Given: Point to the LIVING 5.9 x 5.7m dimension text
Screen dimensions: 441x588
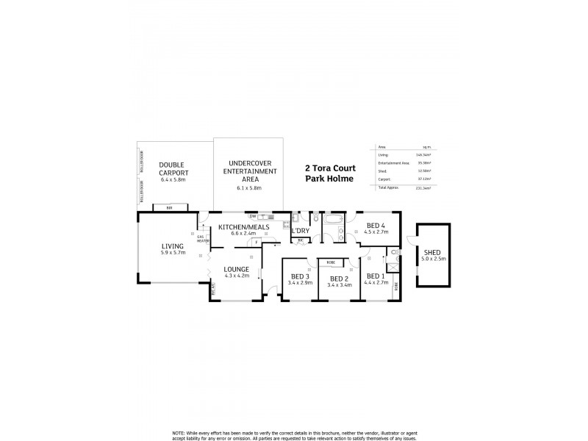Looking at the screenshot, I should click(x=173, y=253).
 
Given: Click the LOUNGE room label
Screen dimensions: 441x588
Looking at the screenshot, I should click(x=237, y=270).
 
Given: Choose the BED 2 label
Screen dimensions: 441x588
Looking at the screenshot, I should click(x=338, y=279).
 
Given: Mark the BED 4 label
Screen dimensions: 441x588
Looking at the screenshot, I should click(x=376, y=226).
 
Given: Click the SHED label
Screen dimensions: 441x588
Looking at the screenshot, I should click(x=432, y=252).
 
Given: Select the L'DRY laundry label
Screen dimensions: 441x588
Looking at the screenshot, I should click(x=300, y=232).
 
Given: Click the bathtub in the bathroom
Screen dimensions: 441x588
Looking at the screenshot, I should click(x=334, y=220).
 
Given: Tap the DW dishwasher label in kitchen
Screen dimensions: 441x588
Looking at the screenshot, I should click(x=252, y=216).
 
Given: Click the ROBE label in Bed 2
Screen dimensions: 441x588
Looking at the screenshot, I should click(x=331, y=262).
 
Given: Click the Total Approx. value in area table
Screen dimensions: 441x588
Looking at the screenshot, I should click(x=423, y=188).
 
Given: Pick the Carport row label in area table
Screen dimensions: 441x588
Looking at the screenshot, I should click(x=383, y=179).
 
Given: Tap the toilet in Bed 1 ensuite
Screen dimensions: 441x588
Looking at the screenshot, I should click(x=395, y=252).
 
